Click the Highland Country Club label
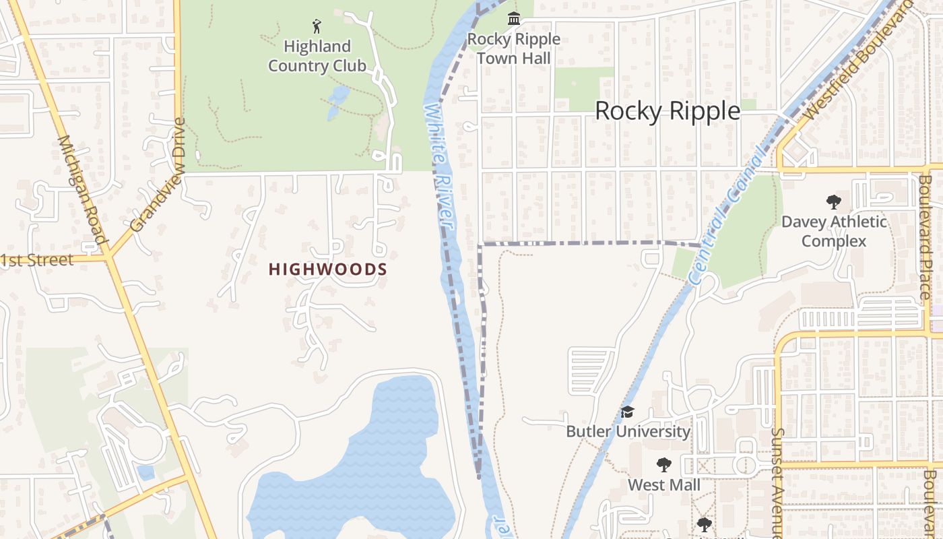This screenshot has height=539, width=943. click(x=317, y=56)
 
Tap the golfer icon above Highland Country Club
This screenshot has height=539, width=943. click(x=317, y=27)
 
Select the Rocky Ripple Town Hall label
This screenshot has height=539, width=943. click(x=514, y=49)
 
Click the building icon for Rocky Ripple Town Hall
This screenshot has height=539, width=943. click(x=514, y=18)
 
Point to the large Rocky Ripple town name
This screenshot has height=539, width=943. click(x=667, y=110)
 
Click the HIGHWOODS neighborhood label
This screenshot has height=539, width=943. click(x=328, y=269)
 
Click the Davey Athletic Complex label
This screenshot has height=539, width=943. click(x=834, y=231)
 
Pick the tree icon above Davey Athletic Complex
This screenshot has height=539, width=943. click(x=834, y=201)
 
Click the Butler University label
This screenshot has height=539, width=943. click(x=628, y=431)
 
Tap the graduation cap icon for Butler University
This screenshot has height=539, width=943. click(x=628, y=412)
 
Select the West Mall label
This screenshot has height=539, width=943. click(x=664, y=484)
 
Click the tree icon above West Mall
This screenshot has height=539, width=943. click(x=664, y=464)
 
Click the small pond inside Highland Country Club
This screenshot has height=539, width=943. click(x=337, y=101)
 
